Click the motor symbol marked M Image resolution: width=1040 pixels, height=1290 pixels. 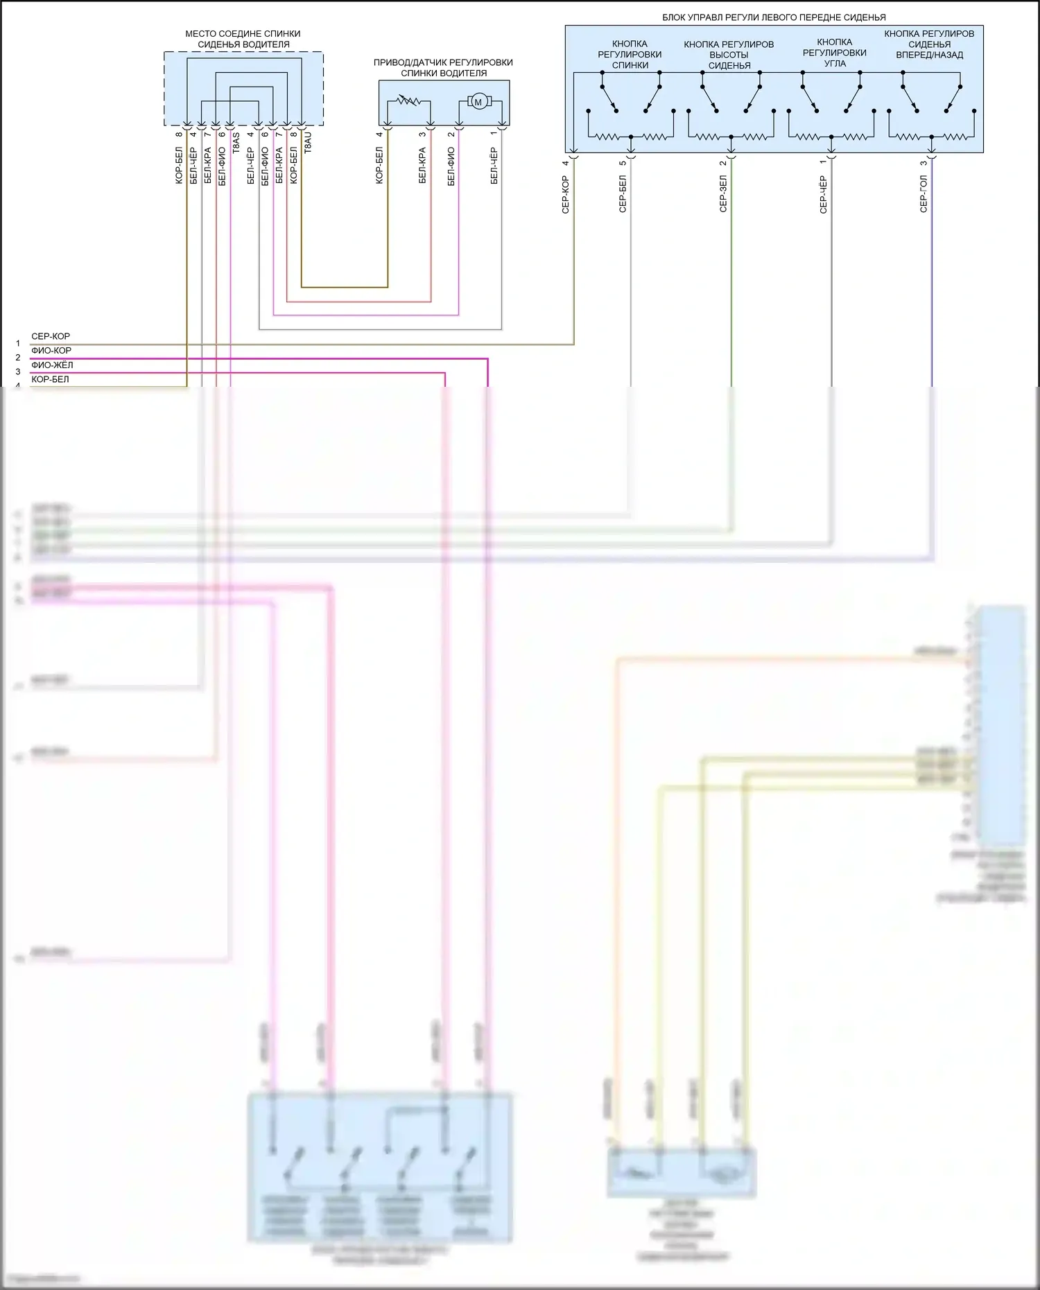[477, 103]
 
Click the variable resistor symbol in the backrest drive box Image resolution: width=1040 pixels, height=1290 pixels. [408, 101]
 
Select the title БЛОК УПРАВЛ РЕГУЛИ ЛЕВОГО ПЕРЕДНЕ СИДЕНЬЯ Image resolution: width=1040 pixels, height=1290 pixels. [774, 17]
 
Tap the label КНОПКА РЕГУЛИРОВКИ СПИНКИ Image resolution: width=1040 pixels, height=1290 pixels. [630, 55]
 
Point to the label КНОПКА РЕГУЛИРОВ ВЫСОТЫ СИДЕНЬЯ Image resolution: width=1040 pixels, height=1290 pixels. [729, 55]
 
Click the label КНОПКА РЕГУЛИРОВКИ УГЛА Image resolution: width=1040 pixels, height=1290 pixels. [834, 53]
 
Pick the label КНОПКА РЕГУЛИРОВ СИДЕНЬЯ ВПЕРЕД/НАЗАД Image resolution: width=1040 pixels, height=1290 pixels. [929, 44]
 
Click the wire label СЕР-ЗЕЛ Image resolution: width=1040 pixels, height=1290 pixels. [723, 193]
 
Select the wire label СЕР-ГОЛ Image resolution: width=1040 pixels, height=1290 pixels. [923, 193]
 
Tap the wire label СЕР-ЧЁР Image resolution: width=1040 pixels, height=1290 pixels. [823, 195]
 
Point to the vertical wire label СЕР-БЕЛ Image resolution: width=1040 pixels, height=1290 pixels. [623, 193]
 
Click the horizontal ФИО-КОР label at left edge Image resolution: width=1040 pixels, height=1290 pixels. [51, 351]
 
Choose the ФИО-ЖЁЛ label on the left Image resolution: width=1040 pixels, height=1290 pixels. [52, 365]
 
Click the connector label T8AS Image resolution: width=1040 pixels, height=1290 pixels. [236, 143]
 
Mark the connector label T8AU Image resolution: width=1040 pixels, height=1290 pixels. [308, 142]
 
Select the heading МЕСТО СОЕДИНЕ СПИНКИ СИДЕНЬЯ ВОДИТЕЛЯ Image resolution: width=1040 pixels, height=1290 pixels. [243, 39]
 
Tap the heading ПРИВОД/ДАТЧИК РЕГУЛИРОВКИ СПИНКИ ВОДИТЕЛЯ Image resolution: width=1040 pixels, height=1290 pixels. [443, 67]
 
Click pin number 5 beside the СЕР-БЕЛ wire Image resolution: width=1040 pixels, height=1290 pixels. [623, 163]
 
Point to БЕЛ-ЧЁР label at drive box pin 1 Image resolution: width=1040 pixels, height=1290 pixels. [494, 166]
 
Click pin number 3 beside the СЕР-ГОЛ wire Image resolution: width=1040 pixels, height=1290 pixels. [923, 164]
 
